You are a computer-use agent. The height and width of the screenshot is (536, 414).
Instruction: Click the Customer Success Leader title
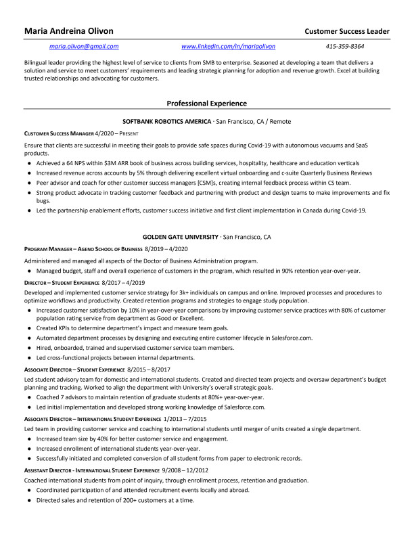(347, 31)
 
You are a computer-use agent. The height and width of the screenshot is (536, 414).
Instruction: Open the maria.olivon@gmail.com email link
(85, 47)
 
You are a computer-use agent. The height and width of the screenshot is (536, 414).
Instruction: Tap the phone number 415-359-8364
(344, 47)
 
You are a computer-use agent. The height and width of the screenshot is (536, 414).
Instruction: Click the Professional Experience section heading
(206, 104)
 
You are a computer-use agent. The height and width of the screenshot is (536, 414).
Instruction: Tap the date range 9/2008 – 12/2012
(186, 469)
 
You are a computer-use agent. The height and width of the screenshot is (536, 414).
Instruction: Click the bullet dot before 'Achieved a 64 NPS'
(29, 163)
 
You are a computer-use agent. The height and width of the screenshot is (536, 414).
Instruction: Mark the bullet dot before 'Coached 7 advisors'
(29, 397)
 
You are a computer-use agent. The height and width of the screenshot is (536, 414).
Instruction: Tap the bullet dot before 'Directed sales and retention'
(29, 500)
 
